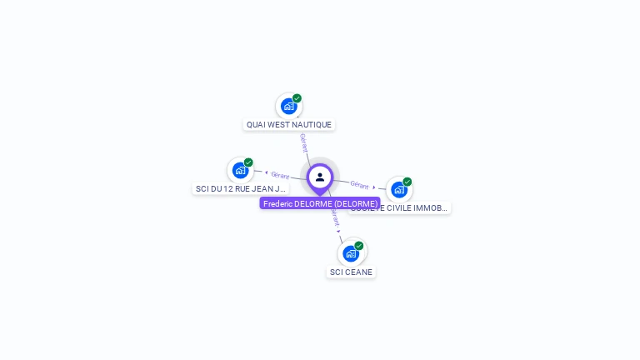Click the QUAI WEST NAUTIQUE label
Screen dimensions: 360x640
pos(289,125)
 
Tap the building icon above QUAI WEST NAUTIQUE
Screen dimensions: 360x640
pos(288,106)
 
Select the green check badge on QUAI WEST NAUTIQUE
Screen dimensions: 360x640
pos(297,98)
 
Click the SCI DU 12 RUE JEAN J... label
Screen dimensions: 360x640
pos(240,189)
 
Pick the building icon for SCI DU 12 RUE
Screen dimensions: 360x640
pos(240,170)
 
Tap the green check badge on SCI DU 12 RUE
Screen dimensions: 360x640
pos(248,162)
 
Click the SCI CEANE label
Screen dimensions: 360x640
pos(351,272)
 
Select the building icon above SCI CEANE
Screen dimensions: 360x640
pos(351,253)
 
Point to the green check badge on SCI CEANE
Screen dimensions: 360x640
pos(359,246)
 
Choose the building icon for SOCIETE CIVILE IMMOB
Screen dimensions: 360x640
pos(398,189)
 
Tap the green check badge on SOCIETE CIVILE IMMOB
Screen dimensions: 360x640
pos(407,182)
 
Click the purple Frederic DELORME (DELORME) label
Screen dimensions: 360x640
pos(320,203)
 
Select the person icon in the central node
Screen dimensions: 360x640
pos(320,177)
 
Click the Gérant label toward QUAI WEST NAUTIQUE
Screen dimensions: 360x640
pos(304,142)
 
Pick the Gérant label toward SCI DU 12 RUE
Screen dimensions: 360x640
pos(280,175)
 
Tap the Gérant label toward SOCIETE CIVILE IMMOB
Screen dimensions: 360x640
pos(359,184)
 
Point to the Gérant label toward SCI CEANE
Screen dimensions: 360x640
pos(335,218)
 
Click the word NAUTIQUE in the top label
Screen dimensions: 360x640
pos(313,125)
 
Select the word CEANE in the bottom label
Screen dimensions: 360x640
pos(358,272)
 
